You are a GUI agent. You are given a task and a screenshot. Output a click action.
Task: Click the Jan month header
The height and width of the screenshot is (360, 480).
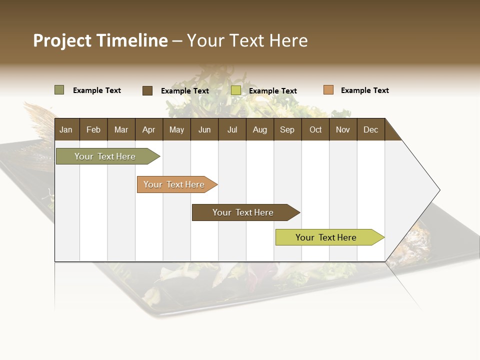(66, 129)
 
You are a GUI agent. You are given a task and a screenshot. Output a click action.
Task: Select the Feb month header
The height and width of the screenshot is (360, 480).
(93, 129)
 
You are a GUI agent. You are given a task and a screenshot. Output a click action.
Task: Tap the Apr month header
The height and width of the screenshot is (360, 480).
(148, 129)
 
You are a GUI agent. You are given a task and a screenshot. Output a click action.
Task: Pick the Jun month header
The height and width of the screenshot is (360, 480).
(204, 129)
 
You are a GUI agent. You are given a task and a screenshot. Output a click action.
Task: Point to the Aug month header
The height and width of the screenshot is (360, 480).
(259, 129)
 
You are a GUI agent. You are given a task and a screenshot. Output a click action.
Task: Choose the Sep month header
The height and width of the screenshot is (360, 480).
(287, 129)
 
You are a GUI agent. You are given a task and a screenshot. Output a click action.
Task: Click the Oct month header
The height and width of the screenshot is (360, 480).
(315, 129)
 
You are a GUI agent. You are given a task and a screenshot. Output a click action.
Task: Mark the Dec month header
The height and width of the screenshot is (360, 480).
(370, 129)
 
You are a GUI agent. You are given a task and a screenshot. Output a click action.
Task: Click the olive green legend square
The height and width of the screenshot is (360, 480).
(59, 90)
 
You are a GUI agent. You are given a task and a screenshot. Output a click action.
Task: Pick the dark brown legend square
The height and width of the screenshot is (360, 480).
(147, 90)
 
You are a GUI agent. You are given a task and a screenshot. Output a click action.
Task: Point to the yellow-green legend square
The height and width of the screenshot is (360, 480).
(236, 90)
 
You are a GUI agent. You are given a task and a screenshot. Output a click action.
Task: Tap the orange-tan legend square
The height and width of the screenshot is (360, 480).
(328, 90)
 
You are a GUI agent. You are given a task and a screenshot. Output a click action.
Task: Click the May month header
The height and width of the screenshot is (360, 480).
(176, 129)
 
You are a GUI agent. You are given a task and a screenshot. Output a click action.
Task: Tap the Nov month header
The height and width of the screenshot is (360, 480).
(342, 129)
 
